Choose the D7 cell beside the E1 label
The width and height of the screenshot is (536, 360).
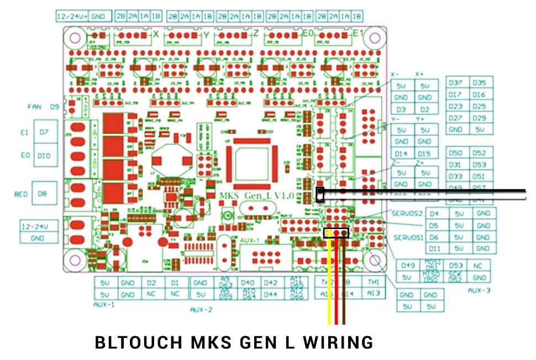(44, 133)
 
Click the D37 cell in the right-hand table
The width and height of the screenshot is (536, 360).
(456, 83)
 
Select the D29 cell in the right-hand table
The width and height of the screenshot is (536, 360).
(479, 118)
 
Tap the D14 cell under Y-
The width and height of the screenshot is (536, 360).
(401, 153)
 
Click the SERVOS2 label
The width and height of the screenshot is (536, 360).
(407, 214)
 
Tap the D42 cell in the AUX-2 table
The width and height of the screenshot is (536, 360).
(270, 283)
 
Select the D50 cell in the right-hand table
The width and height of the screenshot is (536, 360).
(456, 153)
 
